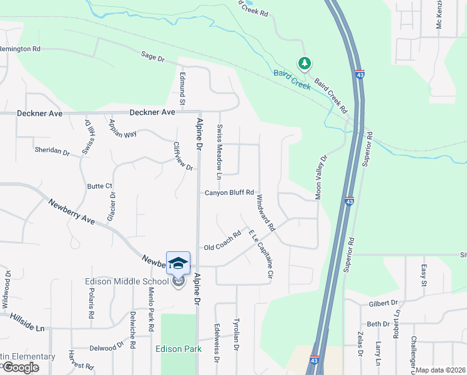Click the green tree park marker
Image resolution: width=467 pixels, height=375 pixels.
304,63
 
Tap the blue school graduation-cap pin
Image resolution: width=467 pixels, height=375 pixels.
178,262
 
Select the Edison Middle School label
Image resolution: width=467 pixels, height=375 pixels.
127,281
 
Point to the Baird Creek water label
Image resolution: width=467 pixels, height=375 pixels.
292,79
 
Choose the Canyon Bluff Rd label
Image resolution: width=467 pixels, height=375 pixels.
230,192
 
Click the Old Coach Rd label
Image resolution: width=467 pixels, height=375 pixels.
222,242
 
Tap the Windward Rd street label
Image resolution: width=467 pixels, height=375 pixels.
265,213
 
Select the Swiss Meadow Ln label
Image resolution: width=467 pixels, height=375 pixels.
220,151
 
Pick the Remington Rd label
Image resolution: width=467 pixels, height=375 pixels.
20,48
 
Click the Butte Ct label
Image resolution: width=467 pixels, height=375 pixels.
100,186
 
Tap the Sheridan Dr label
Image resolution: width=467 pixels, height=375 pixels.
52,151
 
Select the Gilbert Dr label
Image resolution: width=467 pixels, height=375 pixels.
383,302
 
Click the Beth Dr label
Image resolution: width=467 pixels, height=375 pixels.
378,324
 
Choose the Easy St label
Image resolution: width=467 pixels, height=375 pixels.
423,274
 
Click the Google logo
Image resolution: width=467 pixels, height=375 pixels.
21,367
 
